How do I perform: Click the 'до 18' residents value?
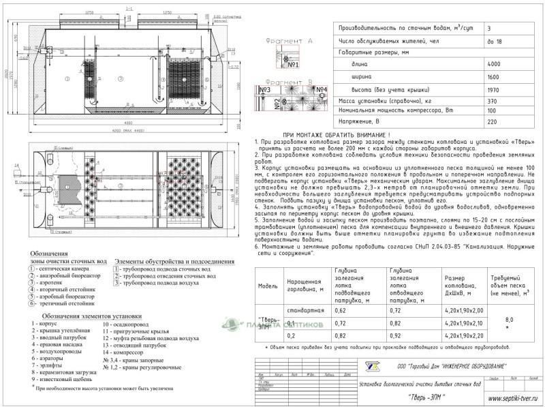(x=495, y=43)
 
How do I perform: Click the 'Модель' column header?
(x=268, y=286)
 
